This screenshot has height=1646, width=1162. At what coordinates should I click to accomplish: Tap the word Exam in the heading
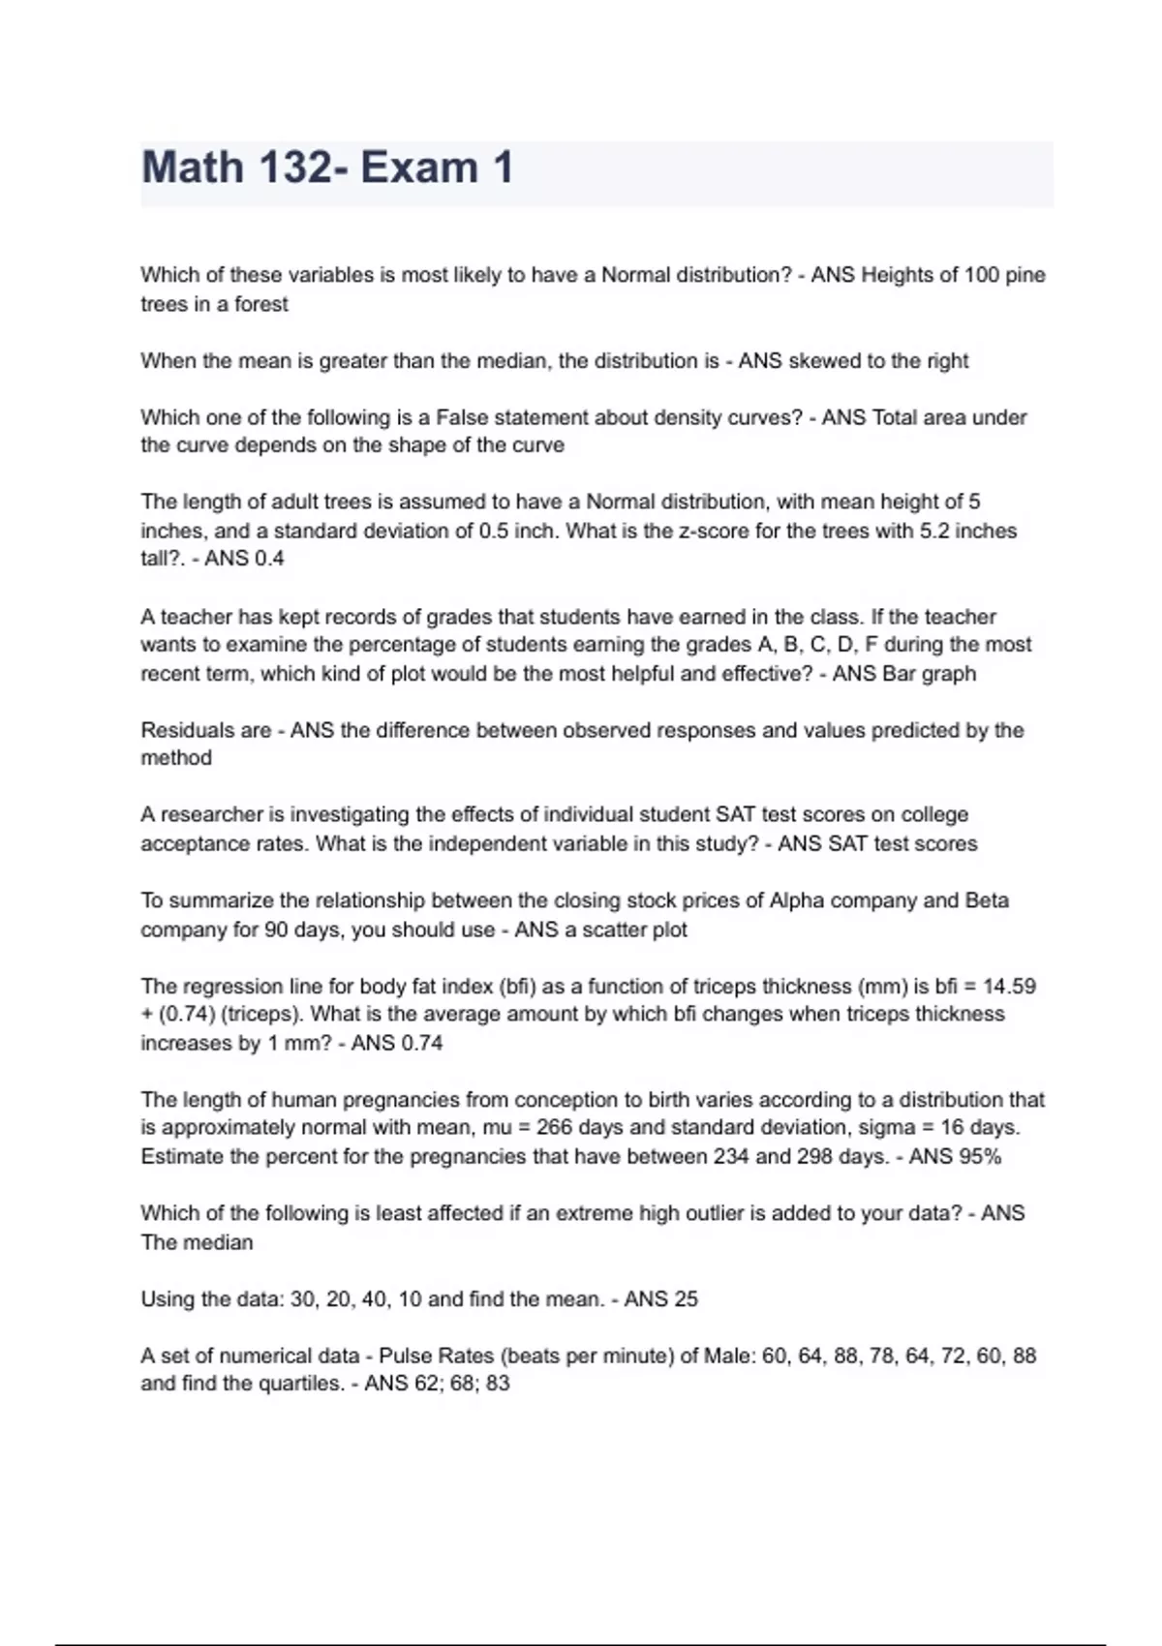point(420,168)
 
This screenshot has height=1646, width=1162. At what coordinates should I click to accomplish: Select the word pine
point(1025,275)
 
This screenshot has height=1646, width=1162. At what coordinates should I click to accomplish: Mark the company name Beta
point(987,900)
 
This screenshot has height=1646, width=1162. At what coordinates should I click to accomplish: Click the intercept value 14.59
point(1009,986)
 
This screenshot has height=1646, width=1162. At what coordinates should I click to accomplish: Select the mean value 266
point(555,1128)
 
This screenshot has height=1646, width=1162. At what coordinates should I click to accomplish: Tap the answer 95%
point(980,1156)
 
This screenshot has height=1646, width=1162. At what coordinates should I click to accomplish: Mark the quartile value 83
point(498,1384)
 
